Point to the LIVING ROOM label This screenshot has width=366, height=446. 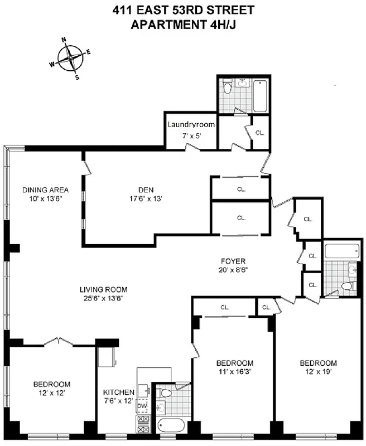pos(103,289)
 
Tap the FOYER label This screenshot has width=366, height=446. pos(233,260)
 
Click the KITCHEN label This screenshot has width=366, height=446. pos(118,392)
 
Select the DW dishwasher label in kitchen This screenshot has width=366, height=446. pos(142,406)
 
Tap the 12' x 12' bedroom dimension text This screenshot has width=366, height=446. pos(51,393)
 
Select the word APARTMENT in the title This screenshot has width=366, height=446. pos(161,25)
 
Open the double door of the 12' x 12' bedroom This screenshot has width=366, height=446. pos(60,341)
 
